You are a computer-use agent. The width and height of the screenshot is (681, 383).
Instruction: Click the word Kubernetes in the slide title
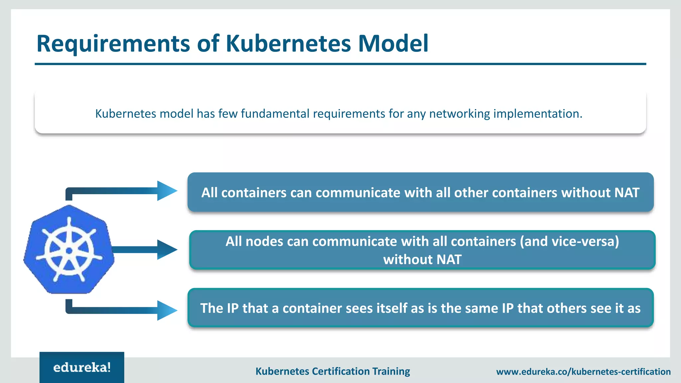[x=288, y=44]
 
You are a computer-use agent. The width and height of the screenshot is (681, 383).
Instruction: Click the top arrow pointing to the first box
[x=166, y=191]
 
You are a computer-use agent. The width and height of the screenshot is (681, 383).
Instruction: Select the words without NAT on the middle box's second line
[x=422, y=260]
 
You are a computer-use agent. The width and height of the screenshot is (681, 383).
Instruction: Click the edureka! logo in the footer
[x=82, y=367]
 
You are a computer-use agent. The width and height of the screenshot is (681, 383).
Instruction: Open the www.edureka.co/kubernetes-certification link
[x=583, y=372]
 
